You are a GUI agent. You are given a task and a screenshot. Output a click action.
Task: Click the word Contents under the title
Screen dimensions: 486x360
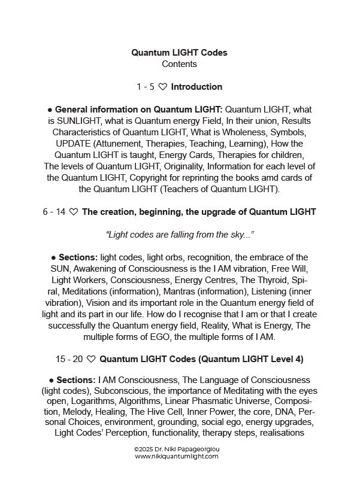click(180, 63)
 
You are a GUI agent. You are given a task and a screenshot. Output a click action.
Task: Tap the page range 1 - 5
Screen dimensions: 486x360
click(146, 87)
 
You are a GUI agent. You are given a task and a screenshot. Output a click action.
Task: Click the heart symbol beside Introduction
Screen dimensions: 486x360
click(163, 87)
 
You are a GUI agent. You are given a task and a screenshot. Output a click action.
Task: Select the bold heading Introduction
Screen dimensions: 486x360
click(196, 87)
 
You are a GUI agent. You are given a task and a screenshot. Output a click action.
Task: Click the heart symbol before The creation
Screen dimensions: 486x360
click(74, 212)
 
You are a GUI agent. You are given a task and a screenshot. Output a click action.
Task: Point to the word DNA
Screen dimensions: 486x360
click(276, 416)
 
